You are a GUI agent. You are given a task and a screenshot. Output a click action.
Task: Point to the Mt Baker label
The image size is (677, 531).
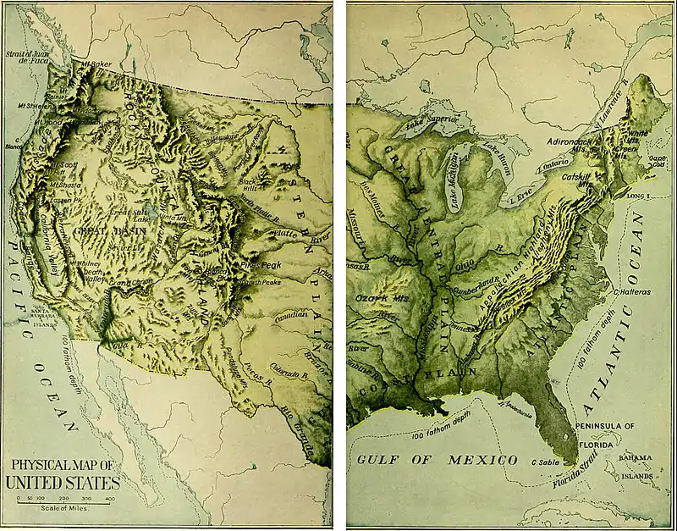pyautogui.click(x=87, y=64)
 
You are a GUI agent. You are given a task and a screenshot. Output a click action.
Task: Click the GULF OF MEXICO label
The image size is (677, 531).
pyautogui.click(x=437, y=459)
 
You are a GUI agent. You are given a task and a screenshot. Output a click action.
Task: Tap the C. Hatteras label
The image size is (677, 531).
pyautogui.click(x=630, y=290)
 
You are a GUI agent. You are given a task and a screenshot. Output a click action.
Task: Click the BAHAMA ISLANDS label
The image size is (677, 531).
pyautogui.click(x=636, y=466)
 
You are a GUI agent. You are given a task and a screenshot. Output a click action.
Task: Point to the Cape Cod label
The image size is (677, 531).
pyautogui.click(x=658, y=160)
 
